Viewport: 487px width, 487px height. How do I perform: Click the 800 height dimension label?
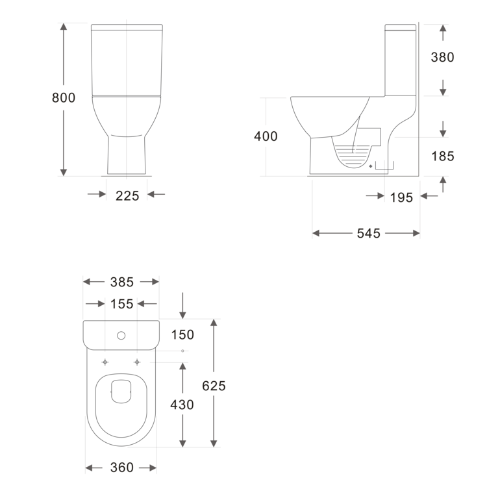click(x=64, y=98)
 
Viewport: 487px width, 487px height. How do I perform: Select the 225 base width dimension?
click(x=127, y=196)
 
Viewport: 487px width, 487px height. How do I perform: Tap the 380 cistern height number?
click(x=442, y=57)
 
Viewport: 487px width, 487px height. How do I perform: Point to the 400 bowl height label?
click(x=266, y=136)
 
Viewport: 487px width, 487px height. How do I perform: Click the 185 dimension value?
click(x=443, y=156)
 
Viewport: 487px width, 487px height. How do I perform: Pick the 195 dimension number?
click(x=401, y=197)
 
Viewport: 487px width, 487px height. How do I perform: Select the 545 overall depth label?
click(x=368, y=233)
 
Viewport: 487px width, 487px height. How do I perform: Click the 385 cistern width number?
click(x=122, y=282)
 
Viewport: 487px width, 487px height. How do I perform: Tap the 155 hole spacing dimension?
click(x=122, y=304)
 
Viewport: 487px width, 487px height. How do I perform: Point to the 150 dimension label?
click(x=182, y=334)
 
